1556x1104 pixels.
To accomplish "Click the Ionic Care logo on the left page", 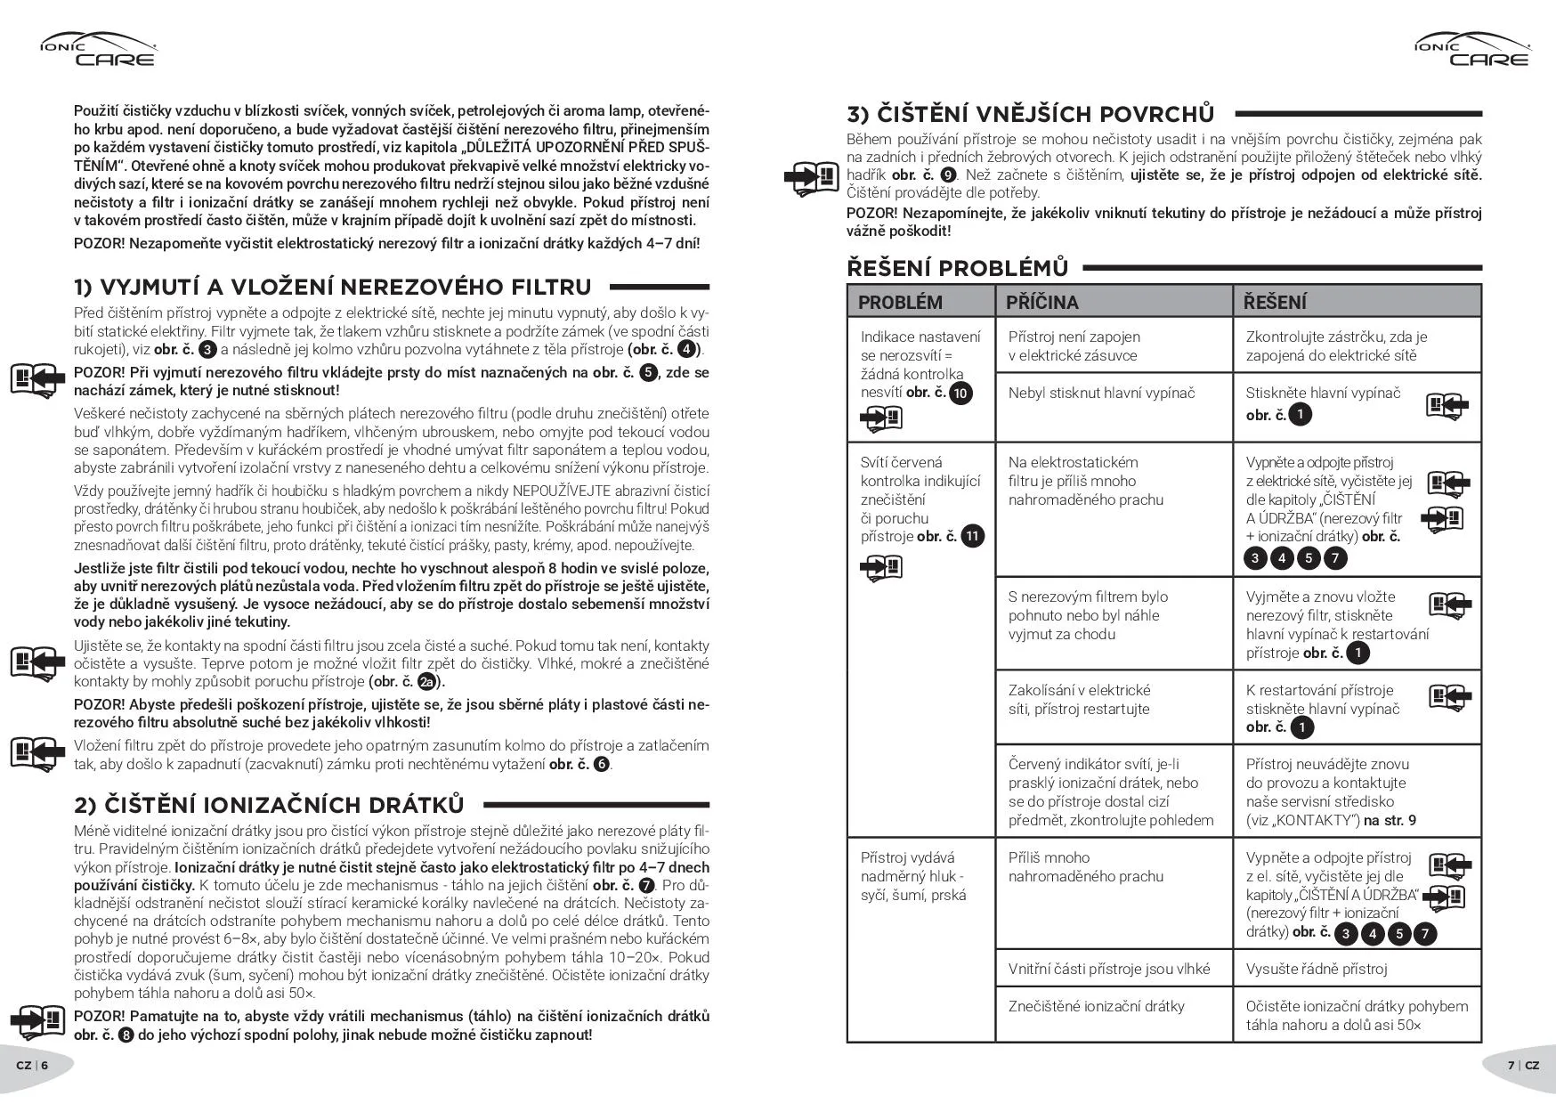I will [x=98, y=50].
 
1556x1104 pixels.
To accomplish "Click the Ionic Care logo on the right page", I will [x=1471, y=50].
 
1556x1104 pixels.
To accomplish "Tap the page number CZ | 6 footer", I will [x=32, y=1065].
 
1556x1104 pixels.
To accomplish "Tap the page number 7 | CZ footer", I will [x=1523, y=1065].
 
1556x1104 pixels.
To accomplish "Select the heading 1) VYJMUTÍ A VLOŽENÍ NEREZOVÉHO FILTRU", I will [x=332, y=287].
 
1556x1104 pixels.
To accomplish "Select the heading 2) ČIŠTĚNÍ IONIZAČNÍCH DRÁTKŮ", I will [x=269, y=805].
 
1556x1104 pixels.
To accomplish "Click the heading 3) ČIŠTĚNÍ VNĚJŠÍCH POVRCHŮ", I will [x=1030, y=114].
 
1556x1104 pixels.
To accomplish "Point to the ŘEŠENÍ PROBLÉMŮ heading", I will [x=957, y=267].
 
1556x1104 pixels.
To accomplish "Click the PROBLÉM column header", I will [x=900, y=302].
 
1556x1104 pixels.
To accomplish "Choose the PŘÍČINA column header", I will [x=1042, y=302].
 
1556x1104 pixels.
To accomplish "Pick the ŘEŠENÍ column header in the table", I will [x=1275, y=302].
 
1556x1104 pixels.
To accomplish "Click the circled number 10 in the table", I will [x=960, y=393].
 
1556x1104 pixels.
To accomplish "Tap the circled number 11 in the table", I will [x=973, y=536].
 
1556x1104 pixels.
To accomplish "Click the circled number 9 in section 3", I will [x=948, y=175].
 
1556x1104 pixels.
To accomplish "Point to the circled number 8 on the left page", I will [x=126, y=1035].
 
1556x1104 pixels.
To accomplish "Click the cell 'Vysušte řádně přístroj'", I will [x=1317, y=969].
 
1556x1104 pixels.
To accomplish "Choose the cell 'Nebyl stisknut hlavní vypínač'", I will [x=1101, y=393].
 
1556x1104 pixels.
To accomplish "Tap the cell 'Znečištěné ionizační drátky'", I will [x=1096, y=1006].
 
